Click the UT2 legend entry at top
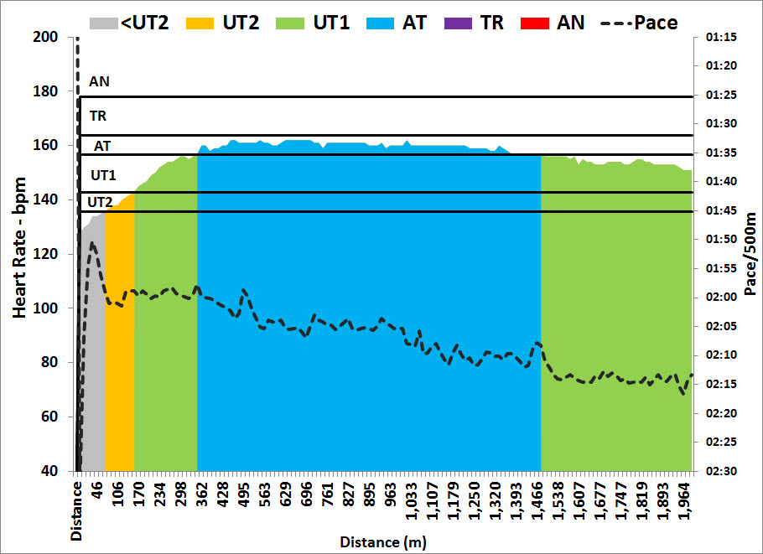point(238,22)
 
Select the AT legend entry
point(414,22)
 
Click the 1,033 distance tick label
point(411,502)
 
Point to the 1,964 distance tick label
point(683,502)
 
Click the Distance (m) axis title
point(381,542)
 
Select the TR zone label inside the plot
point(98,116)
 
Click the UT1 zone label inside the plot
point(103,175)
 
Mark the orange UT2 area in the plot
point(120,335)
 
